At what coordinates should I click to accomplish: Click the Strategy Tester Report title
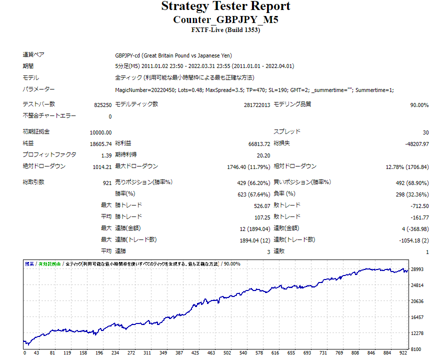coord(225,6)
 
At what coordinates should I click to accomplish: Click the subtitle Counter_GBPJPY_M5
coord(225,19)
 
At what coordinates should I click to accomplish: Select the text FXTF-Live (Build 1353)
coord(225,29)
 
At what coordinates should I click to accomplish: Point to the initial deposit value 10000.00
coord(101,132)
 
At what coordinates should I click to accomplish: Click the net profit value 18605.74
coord(101,143)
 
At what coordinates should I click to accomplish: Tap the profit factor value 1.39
coord(106,155)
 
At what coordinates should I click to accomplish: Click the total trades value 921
coord(107,183)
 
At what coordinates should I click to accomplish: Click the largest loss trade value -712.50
coord(419,206)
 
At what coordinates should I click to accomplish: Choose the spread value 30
coord(425,132)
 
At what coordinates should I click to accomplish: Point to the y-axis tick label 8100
coord(417,348)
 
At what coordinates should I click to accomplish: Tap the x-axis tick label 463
coord(213,353)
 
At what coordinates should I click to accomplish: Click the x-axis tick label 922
coord(403,353)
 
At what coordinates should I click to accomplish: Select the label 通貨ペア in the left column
coord(34,54)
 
